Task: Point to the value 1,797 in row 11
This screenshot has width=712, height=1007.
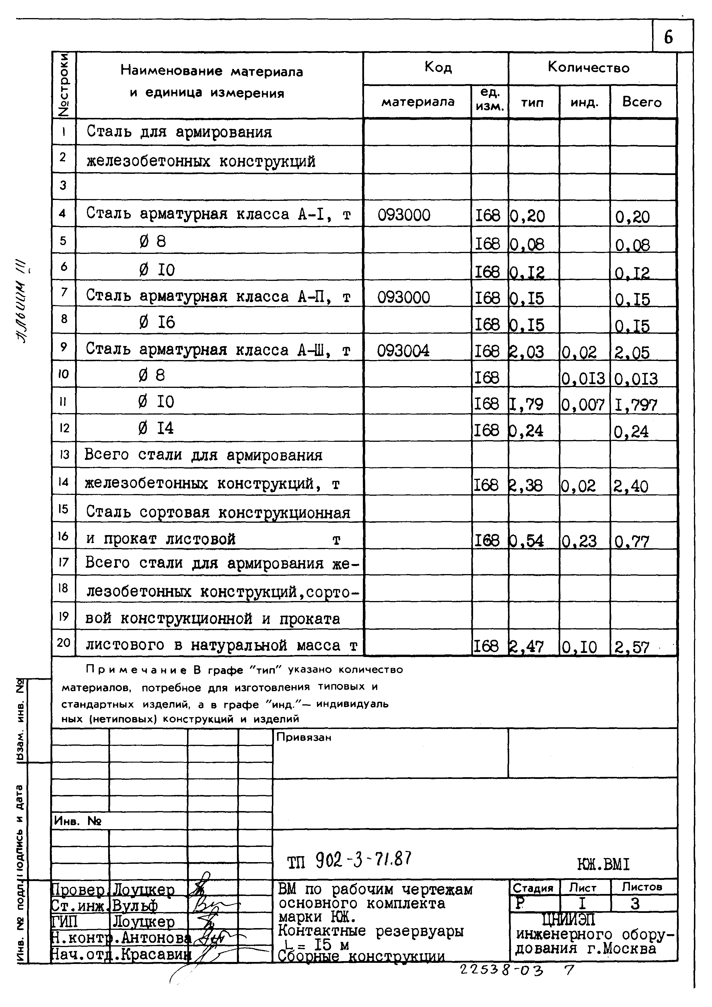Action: (635, 405)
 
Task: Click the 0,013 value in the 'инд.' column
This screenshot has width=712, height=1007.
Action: (583, 378)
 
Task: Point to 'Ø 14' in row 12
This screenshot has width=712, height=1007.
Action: (156, 428)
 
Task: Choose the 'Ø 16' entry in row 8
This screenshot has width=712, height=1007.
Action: (157, 323)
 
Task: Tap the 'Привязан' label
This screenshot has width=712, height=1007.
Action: (304, 737)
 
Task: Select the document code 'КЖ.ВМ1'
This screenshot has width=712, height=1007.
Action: (603, 864)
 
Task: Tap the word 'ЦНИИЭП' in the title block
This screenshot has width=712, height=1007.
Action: (569, 918)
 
